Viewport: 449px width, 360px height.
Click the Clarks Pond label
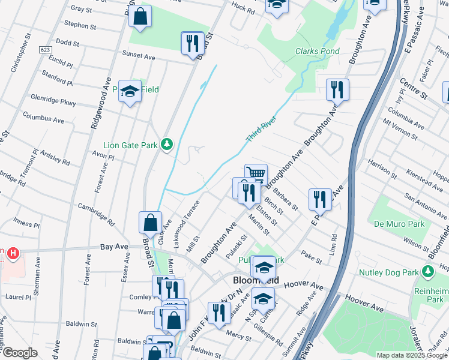coord(318,52)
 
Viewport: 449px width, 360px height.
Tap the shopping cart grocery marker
coord(256,174)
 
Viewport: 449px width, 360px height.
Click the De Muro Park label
coord(399,224)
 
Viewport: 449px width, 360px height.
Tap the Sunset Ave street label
coord(139,55)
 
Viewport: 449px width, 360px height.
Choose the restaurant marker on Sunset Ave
coord(192,43)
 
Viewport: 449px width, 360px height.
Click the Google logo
coord(19,353)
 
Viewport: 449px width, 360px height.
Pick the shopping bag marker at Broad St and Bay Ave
coord(150,223)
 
